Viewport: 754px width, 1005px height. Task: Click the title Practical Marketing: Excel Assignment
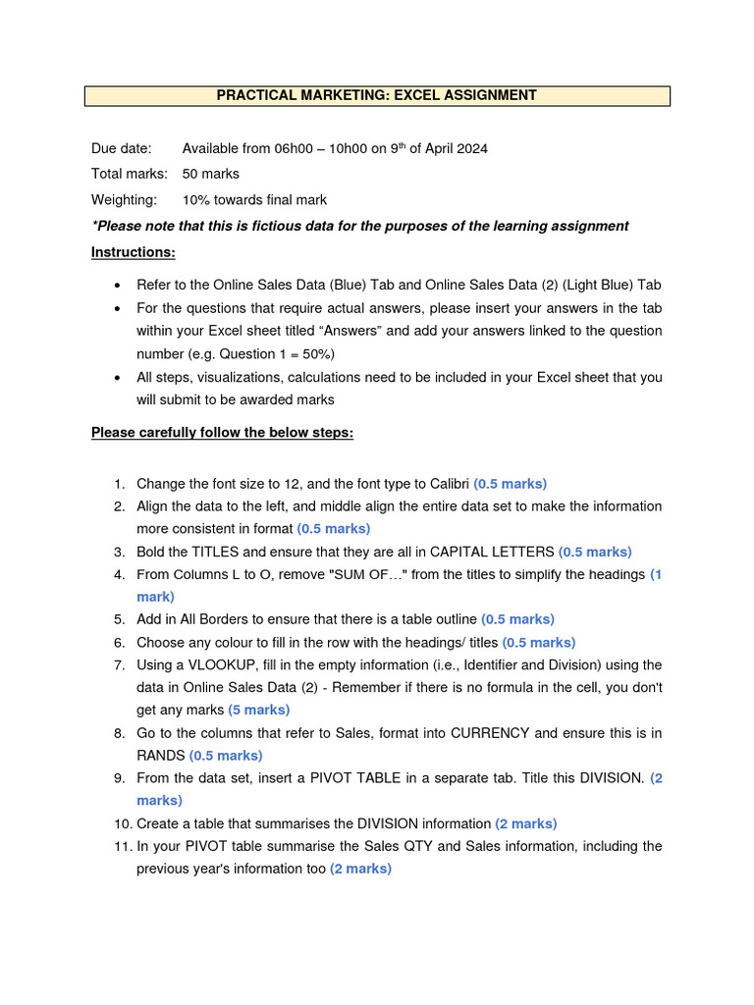point(377,95)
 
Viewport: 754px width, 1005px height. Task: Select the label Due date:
point(122,148)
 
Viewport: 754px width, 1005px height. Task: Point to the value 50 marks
point(211,174)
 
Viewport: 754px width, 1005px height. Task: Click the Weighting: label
point(124,200)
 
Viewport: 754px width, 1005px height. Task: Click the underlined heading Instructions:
point(134,252)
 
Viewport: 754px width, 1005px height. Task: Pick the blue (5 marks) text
point(258,710)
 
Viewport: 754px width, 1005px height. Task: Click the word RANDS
point(160,756)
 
